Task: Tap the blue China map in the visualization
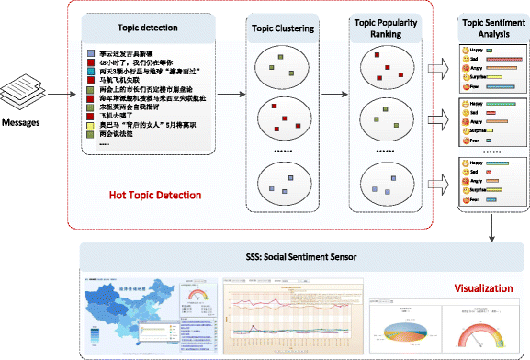tap(119, 309)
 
